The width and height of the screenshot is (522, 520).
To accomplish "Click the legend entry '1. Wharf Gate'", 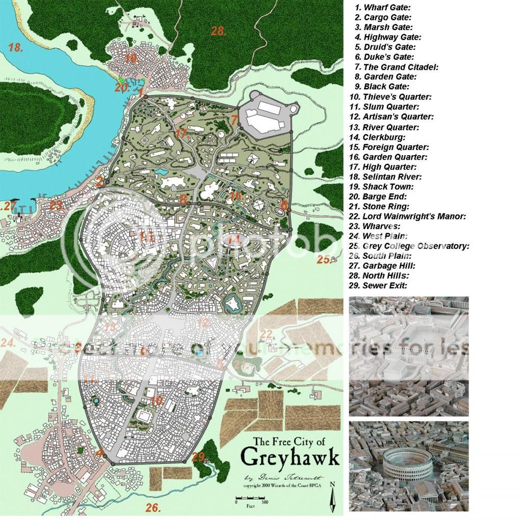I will (x=383, y=7).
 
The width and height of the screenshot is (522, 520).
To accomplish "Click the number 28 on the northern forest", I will (x=219, y=31).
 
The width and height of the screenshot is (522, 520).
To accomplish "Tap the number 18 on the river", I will (x=16, y=48).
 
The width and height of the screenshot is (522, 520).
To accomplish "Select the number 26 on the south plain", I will (x=153, y=507).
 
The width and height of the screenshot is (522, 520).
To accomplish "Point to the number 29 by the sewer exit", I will (x=199, y=457).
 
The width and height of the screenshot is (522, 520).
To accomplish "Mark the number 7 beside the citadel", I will (x=234, y=121).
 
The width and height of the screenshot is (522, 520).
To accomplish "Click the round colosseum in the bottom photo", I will (x=407, y=462).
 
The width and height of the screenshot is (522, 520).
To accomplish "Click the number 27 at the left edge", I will (x=9, y=206).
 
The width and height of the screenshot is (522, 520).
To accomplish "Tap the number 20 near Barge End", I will (x=121, y=87).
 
